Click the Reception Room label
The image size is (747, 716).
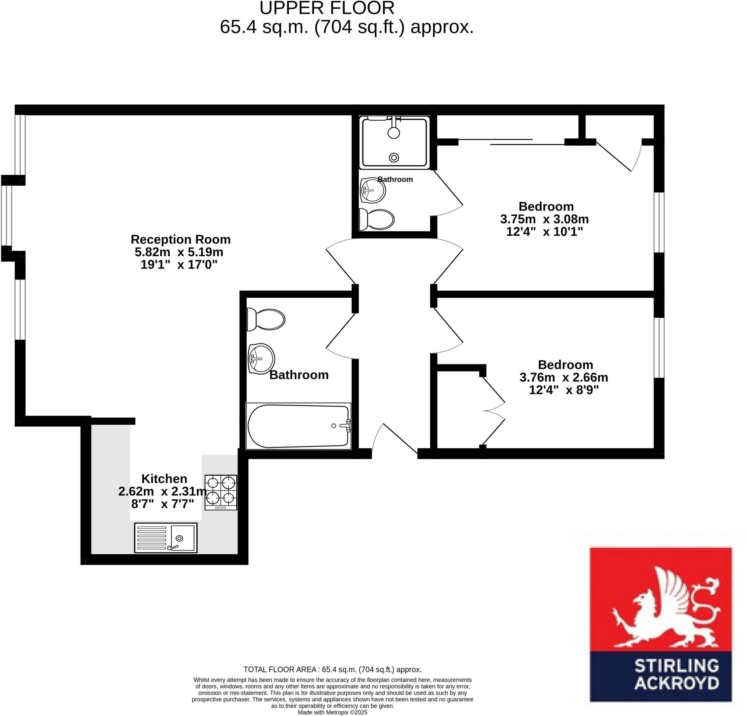point(181,239)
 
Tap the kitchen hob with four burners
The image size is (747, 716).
point(221,492)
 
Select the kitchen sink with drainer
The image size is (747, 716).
point(166,538)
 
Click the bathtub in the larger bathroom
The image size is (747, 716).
point(298,426)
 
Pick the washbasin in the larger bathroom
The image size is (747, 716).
point(262,359)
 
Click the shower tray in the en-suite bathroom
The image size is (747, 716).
point(394,143)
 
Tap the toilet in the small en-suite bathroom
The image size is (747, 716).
point(377,220)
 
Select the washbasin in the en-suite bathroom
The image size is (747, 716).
point(373,190)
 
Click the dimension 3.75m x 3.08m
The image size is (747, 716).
point(544,219)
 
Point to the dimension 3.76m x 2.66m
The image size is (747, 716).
point(564,377)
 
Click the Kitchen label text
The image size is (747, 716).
point(164,479)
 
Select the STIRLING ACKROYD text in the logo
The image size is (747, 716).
point(677,674)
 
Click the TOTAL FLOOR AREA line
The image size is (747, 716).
point(332,670)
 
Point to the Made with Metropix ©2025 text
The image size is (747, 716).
point(332,712)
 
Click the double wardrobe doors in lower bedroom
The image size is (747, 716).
point(494,411)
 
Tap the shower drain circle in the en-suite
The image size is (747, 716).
point(394,157)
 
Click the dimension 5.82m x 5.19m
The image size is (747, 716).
point(179,252)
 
